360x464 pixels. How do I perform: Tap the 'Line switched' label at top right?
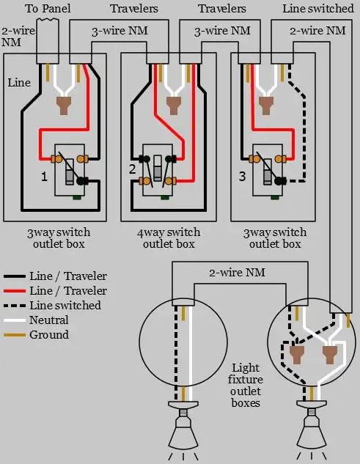[317, 9]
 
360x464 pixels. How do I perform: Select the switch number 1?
[44, 177]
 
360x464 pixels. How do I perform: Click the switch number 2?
[133, 169]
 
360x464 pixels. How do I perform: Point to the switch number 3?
[242, 177]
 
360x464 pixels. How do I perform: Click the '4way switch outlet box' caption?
[168, 238]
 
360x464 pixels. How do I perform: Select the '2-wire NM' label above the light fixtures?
[238, 273]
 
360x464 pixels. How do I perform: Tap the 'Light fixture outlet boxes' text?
[246, 385]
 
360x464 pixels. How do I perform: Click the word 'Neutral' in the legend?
[49, 320]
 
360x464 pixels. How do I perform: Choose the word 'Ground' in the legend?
[49, 335]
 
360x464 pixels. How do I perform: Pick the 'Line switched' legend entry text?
[65, 306]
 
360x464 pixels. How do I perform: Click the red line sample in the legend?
[14, 291]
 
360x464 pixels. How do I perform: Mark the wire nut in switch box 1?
[63, 106]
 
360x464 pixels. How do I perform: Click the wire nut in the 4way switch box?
[174, 106]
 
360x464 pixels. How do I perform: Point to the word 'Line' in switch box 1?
[20, 83]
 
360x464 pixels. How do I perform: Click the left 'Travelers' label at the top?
[133, 9]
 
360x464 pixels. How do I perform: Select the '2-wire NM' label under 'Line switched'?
[317, 31]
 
